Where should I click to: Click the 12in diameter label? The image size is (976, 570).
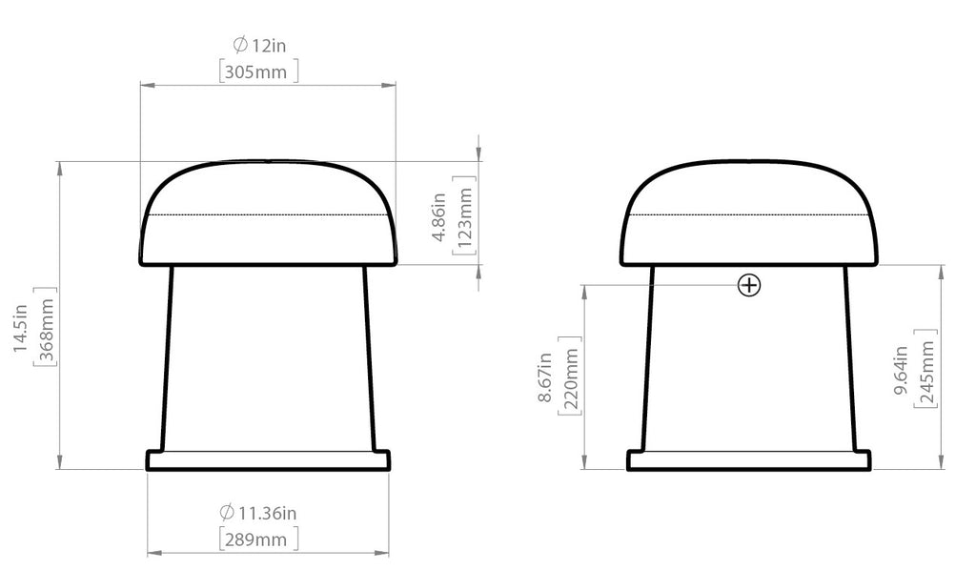[268, 46]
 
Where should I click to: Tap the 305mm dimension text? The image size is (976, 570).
[255, 72]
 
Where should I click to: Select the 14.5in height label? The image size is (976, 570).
[20, 328]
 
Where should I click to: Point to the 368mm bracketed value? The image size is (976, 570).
[47, 327]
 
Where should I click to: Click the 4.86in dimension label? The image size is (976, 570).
[438, 216]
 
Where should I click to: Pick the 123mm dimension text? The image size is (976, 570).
[465, 216]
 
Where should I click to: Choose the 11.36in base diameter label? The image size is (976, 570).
[268, 514]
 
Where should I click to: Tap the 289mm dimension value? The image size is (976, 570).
[255, 539]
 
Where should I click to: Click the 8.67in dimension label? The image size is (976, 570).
[544, 377]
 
